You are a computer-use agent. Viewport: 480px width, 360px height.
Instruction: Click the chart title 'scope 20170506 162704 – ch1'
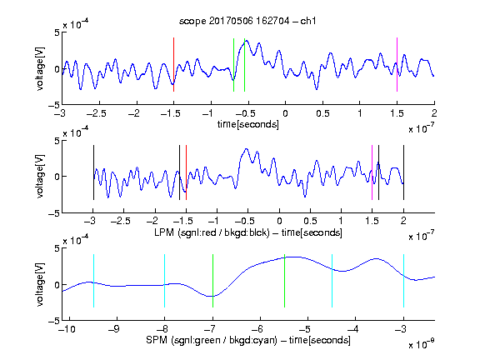247,21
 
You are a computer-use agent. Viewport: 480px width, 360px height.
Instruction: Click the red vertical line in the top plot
173,65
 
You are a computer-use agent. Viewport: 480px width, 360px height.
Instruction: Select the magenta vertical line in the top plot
397,65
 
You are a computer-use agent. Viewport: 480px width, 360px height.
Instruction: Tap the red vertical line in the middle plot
186,172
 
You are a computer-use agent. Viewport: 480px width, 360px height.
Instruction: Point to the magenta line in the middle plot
372,172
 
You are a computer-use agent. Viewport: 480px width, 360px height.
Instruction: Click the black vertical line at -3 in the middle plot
93,172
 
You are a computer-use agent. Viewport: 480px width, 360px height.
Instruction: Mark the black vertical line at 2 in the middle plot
403,172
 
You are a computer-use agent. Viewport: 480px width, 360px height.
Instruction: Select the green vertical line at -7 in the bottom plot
212,281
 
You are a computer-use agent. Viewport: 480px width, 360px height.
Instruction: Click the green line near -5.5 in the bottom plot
285,281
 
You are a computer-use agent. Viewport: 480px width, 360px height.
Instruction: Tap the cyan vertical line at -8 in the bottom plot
164,281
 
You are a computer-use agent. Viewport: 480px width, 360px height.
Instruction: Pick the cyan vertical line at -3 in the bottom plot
403,281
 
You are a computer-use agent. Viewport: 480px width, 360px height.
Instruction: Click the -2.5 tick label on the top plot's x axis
97,113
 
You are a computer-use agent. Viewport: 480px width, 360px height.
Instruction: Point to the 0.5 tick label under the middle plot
310,221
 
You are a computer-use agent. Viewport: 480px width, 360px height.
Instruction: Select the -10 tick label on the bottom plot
67,329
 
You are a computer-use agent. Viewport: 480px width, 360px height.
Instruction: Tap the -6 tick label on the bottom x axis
257,329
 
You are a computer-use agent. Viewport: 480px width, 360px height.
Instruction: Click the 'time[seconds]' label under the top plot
248,124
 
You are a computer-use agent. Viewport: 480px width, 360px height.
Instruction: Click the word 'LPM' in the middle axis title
164,232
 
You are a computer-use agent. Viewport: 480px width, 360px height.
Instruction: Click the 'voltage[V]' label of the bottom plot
40,284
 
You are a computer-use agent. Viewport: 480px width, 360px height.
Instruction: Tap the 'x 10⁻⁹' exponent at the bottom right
421,344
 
